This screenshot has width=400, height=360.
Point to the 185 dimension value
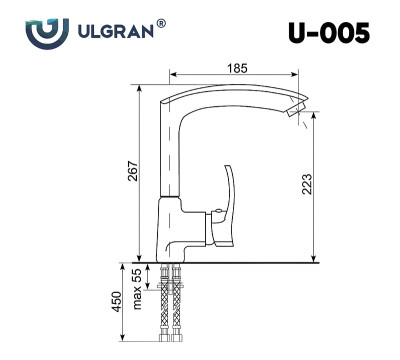coord(236,66)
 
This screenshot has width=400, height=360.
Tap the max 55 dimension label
coord(136,283)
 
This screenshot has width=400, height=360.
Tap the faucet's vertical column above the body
coord(172,150)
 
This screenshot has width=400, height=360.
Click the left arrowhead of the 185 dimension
coord(173,74)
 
